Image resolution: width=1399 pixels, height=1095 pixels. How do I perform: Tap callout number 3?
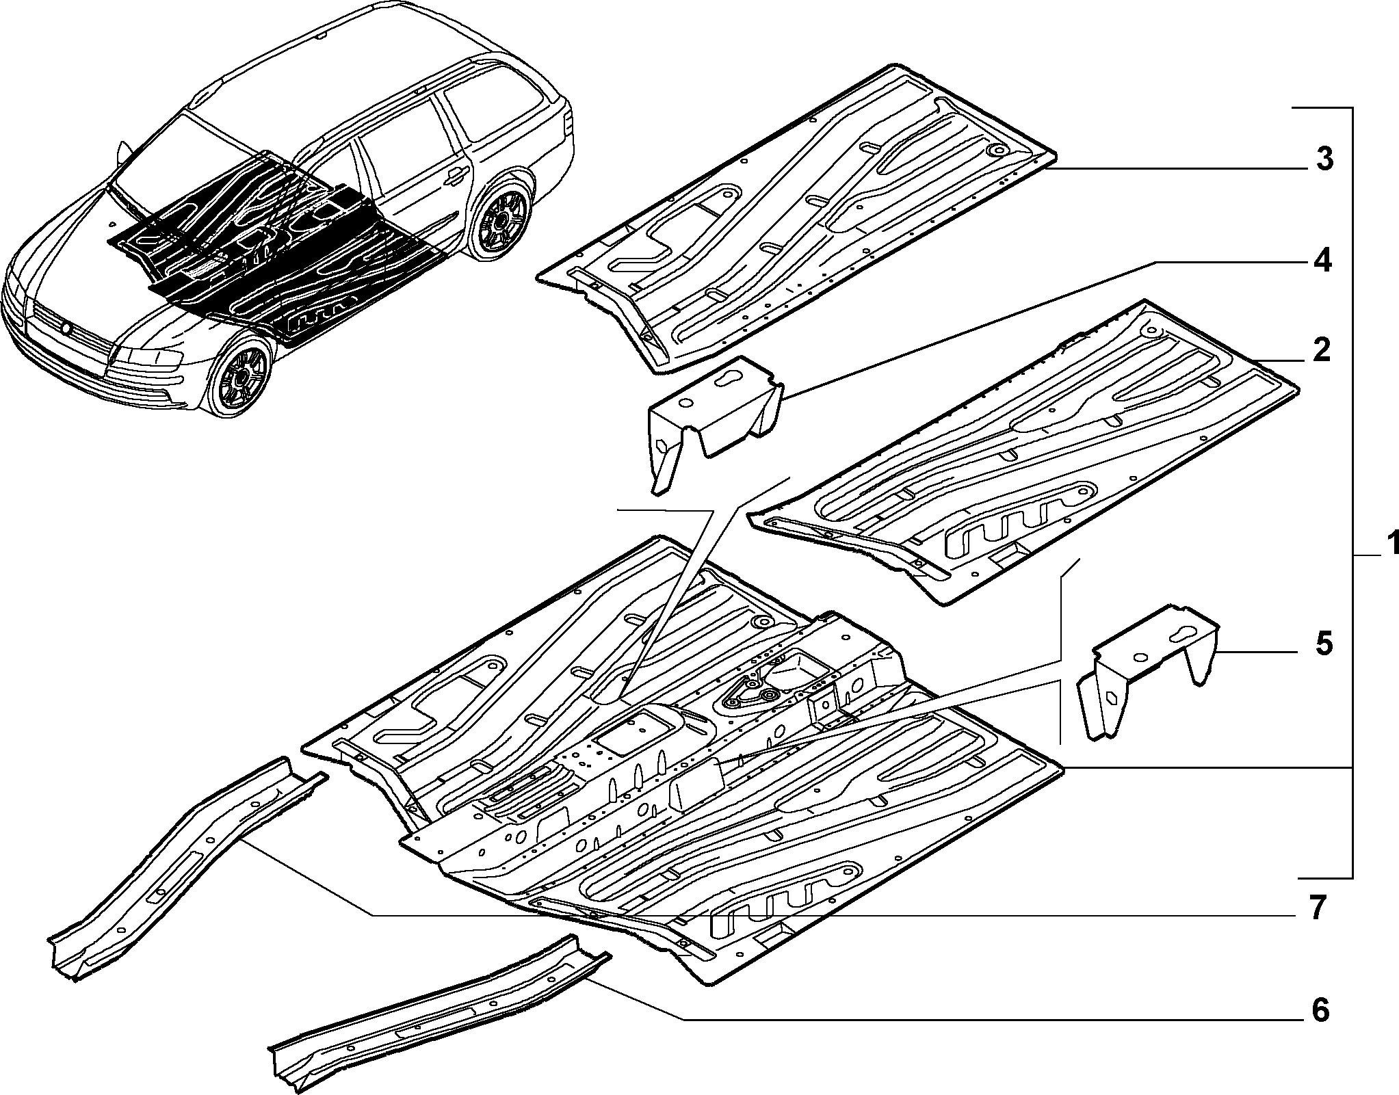(1324, 159)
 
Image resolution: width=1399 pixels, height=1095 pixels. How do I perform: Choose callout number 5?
(1323, 644)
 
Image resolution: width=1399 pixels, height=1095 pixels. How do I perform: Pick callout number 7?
(1318, 908)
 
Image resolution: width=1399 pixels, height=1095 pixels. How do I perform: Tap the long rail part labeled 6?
(438, 1012)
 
